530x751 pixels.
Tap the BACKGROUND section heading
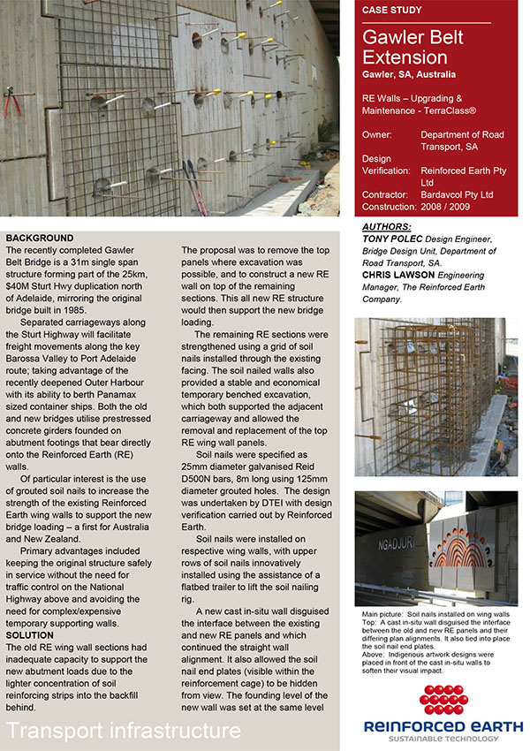[x=42, y=239]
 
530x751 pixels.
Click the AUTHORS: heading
[x=387, y=227]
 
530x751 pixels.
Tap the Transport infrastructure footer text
[x=124, y=731]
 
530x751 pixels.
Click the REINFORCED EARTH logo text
[x=442, y=726]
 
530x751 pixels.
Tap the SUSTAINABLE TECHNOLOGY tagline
[x=443, y=740]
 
